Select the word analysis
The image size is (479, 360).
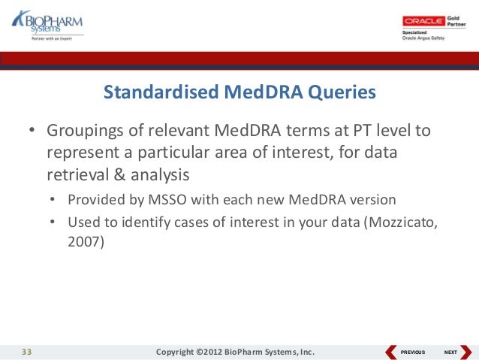(x=159, y=174)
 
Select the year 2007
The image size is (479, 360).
(x=83, y=244)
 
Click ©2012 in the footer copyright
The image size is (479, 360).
(x=214, y=352)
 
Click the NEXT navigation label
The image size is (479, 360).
(x=450, y=352)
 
